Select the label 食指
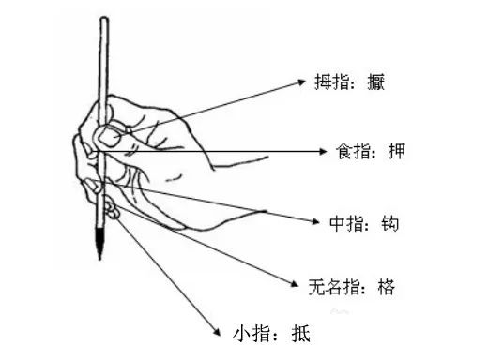[x=351, y=151]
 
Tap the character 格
[x=385, y=286]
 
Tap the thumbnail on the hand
[x=108, y=138]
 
